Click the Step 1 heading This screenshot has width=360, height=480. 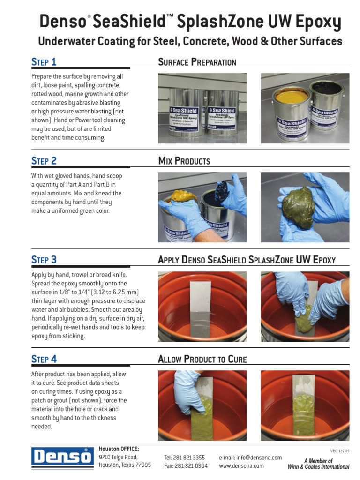coord(44,62)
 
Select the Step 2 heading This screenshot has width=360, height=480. coord(44,161)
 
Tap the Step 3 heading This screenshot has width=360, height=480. coord(44,260)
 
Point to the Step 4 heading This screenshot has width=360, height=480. coord(44,359)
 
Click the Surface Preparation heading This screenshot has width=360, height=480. coord(197,62)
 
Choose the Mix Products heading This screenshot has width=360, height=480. coord(184,161)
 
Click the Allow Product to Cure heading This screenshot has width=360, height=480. coord(202,360)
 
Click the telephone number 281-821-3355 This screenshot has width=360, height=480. coord(184,457)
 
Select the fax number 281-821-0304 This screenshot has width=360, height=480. coord(186,466)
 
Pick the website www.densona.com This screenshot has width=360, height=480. coord(241,466)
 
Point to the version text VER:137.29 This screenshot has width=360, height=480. coord(339,451)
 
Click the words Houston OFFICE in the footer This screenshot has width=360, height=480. coord(119,449)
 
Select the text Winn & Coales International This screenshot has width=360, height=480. coord(318,467)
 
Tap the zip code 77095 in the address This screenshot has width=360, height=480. coord(143,465)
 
